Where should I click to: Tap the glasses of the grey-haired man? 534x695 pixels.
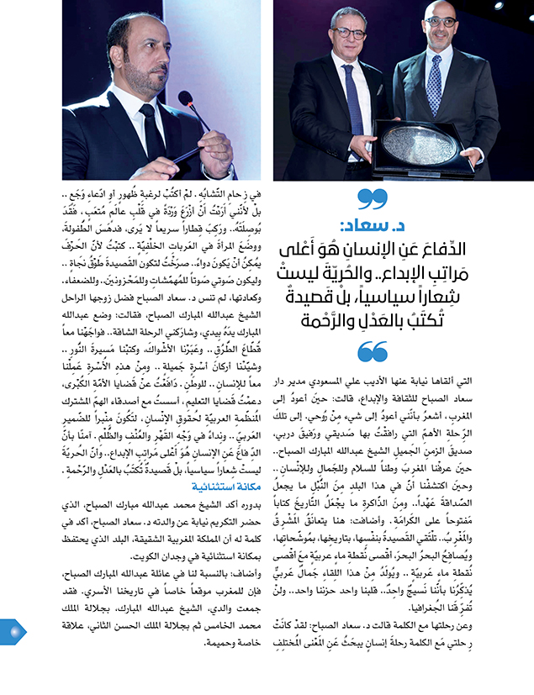tap(346, 34)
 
